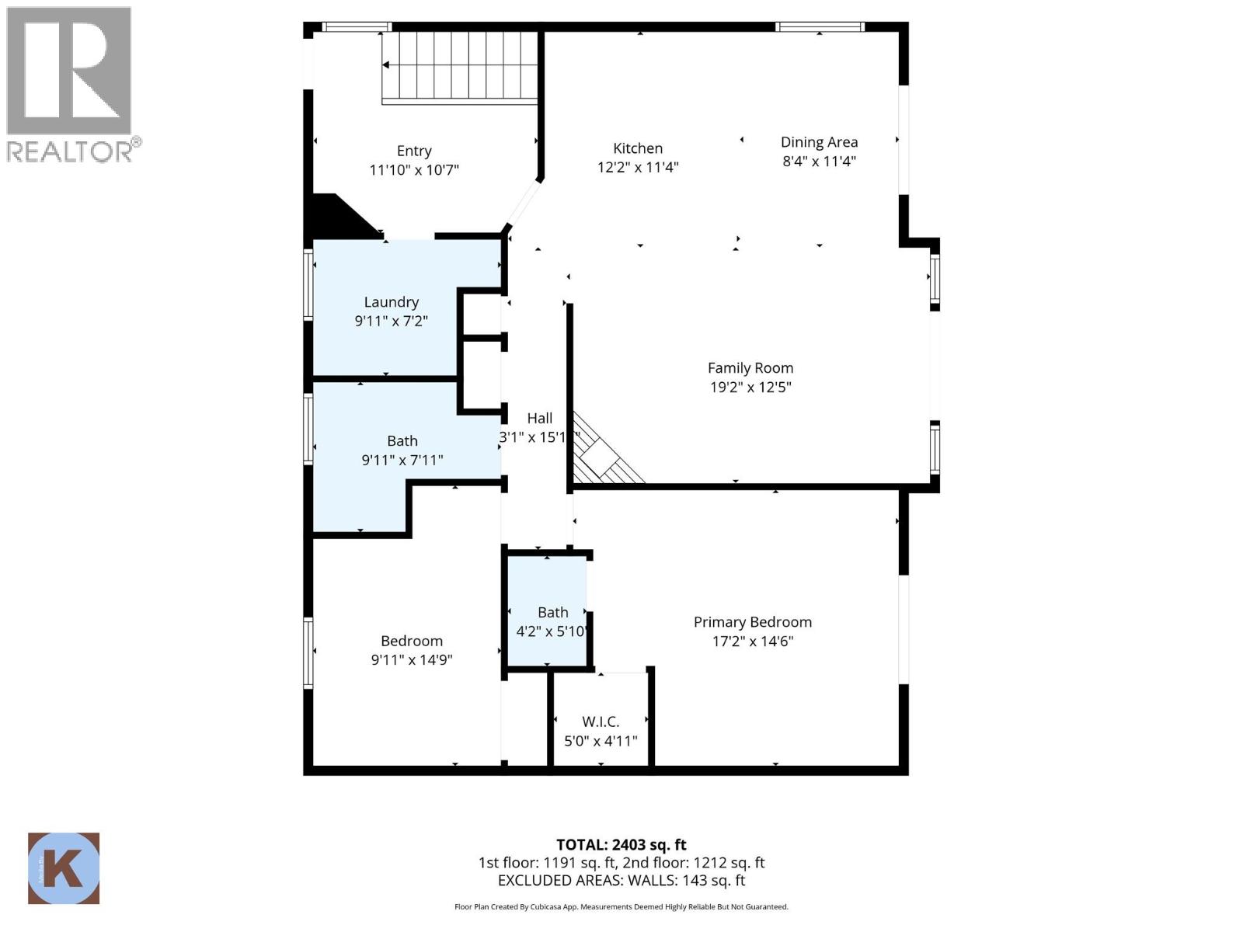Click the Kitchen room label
pos(638,148)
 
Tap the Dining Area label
pos(819,142)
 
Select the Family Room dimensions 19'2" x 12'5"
pos(750,387)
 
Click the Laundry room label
pos(392,302)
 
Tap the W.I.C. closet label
pos(601,722)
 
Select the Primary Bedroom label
pos(752,622)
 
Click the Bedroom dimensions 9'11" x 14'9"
pos(412,660)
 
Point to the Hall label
pos(539,419)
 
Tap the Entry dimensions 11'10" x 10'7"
pos(414,170)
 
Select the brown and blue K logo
pos(64,868)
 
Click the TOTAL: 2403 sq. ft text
pos(621,845)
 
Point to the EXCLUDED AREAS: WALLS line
pos(621,881)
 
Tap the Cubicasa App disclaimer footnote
pos(621,907)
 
